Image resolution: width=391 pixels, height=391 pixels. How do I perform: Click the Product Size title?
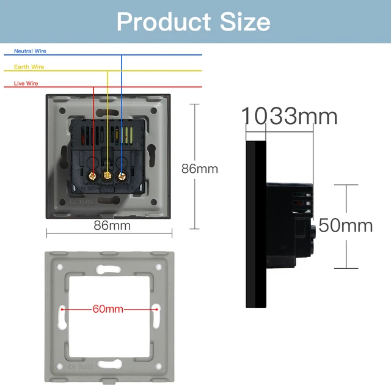[x=193, y=21]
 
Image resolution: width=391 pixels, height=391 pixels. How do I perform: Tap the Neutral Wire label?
[x=30, y=51]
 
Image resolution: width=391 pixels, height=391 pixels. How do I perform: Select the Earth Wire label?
[x=29, y=67]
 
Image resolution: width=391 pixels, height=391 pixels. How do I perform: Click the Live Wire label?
[x=27, y=82]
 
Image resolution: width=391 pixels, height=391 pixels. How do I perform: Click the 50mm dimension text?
[x=345, y=225]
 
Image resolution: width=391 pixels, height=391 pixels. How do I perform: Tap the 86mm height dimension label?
[x=199, y=169]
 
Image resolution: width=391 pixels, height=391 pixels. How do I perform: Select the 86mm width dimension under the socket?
[x=112, y=225]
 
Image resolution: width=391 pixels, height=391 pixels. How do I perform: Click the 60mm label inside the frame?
[x=108, y=309]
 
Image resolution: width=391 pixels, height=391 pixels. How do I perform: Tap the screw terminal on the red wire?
[x=93, y=176]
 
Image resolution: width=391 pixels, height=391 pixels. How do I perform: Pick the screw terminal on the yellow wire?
[x=108, y=176]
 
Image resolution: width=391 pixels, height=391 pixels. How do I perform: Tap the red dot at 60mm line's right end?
[x=157, y=309]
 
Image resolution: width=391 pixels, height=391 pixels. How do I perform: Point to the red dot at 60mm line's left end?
[x=62, y=309]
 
